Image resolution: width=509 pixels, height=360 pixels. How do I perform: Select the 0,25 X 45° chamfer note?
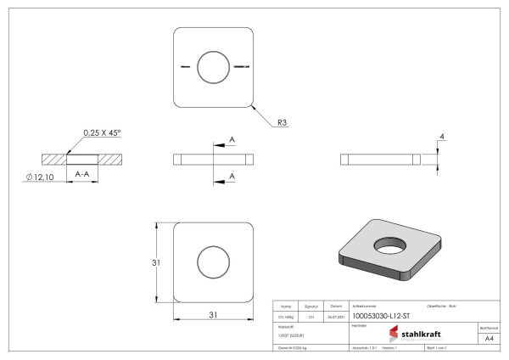(x=103, y=132)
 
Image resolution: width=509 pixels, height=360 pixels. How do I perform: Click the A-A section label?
(x=83, y=173)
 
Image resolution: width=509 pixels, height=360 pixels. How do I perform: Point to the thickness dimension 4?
(x=441, y=136)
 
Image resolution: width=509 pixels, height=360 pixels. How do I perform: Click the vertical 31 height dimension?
(x=156, y=262)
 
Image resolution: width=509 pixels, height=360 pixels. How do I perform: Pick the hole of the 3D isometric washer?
(x=392, y=245)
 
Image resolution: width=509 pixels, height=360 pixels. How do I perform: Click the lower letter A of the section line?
(x=232, y=176)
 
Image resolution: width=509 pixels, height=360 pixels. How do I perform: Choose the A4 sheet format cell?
(x=488, y=338)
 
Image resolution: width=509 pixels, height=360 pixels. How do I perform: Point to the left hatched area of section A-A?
(x=53, y=159)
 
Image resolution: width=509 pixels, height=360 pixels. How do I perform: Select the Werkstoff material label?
(x=285, y=326)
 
